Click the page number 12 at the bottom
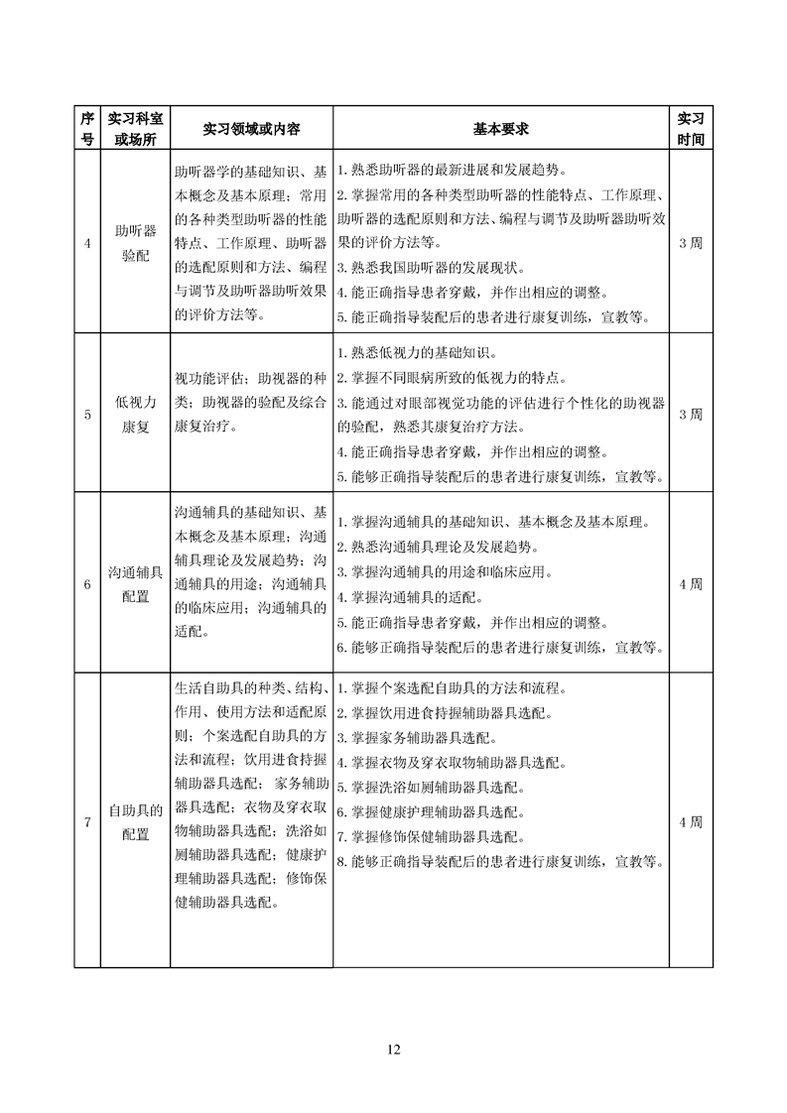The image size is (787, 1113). click(x=393, y=1049)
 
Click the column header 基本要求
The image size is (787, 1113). click(x=500, y=129)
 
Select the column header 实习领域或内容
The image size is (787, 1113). click(x=252, y=129)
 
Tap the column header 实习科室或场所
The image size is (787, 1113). click(x=136, y=129)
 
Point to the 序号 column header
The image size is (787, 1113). click(x=86, y=129)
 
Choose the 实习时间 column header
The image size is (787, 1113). click(x=690, y=129)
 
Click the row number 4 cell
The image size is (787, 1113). click(x=86, y=243)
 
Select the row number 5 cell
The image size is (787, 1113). click(x=86, y=415)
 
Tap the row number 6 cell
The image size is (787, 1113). click(x=86, y=584)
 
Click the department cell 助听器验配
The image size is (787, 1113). click(x=136, y=243)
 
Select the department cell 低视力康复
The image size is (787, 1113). click(x=136, y=415)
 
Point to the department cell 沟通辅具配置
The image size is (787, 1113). click(x=136, y=584)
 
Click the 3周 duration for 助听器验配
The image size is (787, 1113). click(x=690, y=243)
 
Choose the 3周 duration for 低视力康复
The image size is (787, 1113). click(x=690, y=415)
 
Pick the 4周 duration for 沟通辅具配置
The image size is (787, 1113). click(x=690, y=584)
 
